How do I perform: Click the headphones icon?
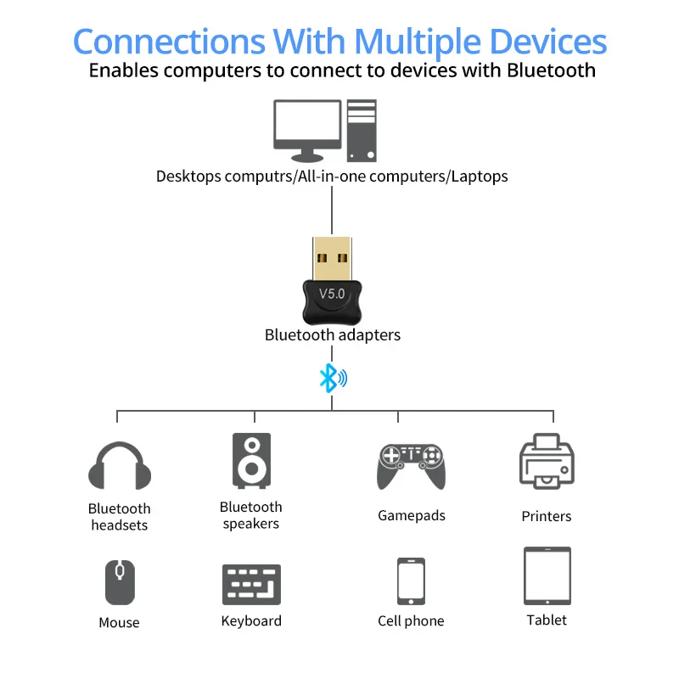pyautogui.click(x=120, y=467)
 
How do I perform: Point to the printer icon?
pyautogui.click(x=547, y=463)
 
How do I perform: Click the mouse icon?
pyautogui.click(x=120, y=582)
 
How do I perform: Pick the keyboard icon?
pyautogui.click(x=251, y=584)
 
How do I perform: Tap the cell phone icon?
pyautogui.click(x=411, y=581)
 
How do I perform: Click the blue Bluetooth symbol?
pyautogui.click(x=328, y=378)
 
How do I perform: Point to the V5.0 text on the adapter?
pyautogui.click(x=332, y=294)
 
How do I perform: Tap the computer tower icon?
pyautogui.click(x=362, y=130)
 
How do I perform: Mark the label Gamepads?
pyautogui.click(x=411, y=515)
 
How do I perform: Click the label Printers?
pyautogui.click(x=547, y=516)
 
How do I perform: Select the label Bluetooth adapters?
pyautogui.click(x=332, y=334)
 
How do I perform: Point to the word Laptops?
pyautogui.click(x=480, y=177)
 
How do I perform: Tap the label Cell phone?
pyautogui.click(x=411, y=621)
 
